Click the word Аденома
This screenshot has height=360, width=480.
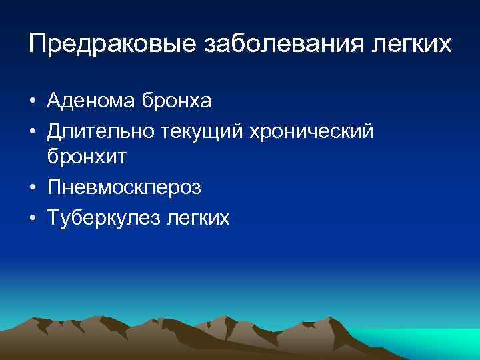pos(91,101)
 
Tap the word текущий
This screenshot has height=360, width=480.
pos(199,131)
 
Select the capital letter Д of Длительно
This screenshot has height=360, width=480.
pos(55,131)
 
